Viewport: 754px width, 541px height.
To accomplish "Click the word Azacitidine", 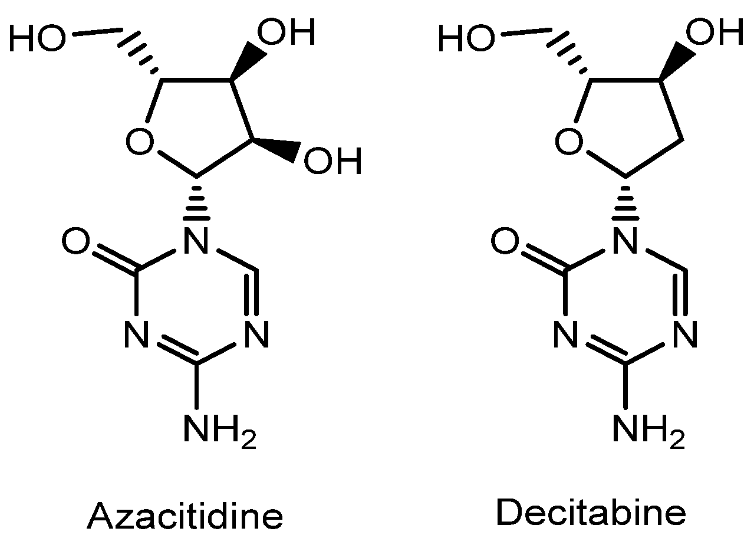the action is [185, 516].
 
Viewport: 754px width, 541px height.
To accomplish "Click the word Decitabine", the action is [591, 513].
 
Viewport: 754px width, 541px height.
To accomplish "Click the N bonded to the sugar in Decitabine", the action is [625, 242].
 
